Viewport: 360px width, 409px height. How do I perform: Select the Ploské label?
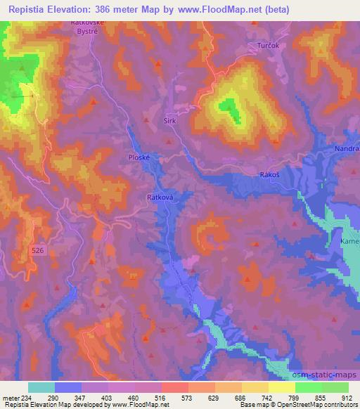[138, 157]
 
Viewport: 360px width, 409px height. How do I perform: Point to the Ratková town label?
[158, 198]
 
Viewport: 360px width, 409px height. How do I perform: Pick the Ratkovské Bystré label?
[88, 26]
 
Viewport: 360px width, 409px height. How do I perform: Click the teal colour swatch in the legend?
[41, 387]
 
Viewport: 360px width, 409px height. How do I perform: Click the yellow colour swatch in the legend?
[282, 387]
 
